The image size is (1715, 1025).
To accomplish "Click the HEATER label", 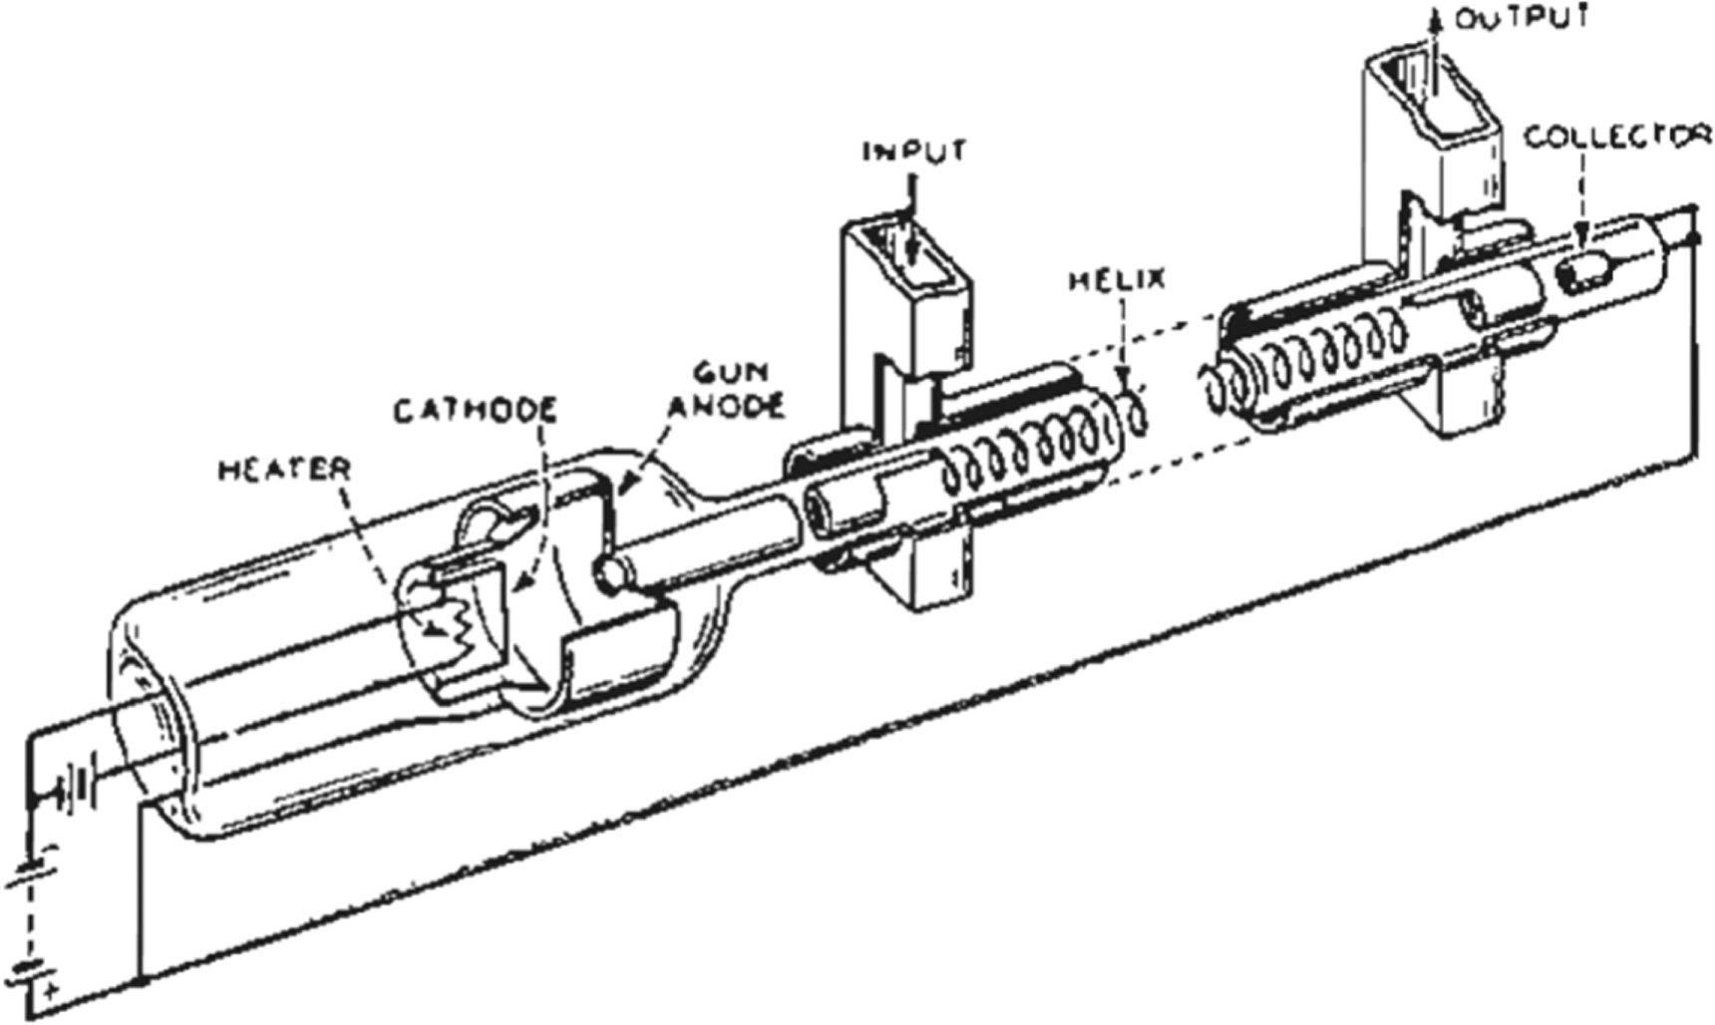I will pyautogui.click(x=284, y=469).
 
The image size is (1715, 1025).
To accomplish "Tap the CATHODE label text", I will pyautogui.click(x=475, y=411).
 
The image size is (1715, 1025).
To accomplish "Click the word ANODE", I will pyautogui.click(x=726, y=406).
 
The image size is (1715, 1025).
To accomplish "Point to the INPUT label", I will pyautogui.click(x=914, y=152).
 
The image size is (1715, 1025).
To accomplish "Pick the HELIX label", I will pyautogui.click(x=1117, y=280).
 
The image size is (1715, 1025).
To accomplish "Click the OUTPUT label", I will pyautogui.click(x=1522, y=18).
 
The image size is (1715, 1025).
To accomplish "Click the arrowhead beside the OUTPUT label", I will pyautogui.click(x=1437, y=18).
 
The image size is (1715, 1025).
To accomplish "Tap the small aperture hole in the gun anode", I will pyautogui.click(x=609, y=571).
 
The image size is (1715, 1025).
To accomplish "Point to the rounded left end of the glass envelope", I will pyautogui.click(x=140, y=698).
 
